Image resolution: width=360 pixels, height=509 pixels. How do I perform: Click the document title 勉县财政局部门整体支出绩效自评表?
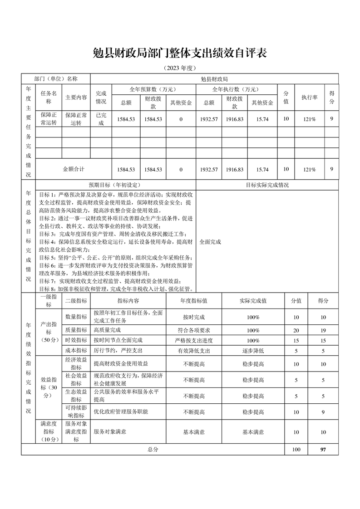180,53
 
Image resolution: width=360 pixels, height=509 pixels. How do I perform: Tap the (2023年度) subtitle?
180,68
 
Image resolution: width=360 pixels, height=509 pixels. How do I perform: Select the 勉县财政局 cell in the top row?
214,78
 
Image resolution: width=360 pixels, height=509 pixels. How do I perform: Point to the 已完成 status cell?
101,119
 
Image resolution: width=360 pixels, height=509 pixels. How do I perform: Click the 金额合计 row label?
74,169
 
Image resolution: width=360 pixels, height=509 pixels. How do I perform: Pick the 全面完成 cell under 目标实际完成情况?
210,242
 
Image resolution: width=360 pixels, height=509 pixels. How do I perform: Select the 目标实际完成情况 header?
267,185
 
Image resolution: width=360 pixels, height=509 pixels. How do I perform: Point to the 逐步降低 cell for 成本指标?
253,350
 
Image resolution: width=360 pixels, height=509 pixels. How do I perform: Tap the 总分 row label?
153,450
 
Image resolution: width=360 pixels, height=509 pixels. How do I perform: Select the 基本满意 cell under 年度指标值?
194,432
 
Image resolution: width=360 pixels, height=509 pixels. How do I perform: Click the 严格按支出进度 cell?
194,340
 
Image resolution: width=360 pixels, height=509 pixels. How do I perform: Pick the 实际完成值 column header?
253,300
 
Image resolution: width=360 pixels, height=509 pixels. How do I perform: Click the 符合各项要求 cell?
194,330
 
